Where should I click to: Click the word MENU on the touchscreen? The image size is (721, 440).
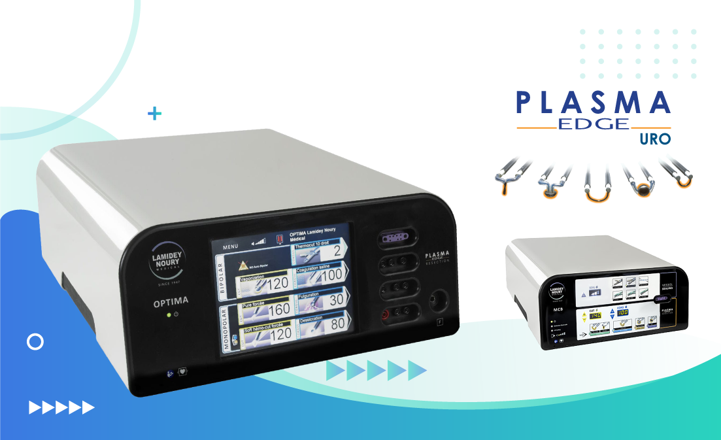[231, 247]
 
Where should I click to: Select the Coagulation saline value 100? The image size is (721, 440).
[332, 275]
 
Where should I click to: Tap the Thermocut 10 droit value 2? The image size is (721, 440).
[337, 251]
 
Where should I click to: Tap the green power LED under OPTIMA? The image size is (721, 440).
[169, 314]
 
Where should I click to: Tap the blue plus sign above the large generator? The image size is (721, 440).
[154, 114]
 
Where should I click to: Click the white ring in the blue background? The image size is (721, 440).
[35, 341]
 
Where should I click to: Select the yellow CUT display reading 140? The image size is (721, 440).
[595, 315]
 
